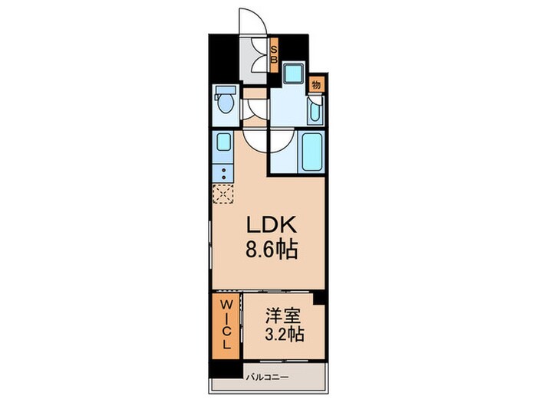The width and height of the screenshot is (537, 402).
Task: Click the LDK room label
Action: click(267, 227)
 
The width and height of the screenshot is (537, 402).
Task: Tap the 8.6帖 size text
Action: click(267, 250)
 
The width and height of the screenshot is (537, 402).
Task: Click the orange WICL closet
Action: click(226, 325)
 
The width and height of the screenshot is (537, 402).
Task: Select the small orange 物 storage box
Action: click(316, 84)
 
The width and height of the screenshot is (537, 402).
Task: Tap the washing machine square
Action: click(292, 75)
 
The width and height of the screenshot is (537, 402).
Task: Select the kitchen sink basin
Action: click(223, 144)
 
